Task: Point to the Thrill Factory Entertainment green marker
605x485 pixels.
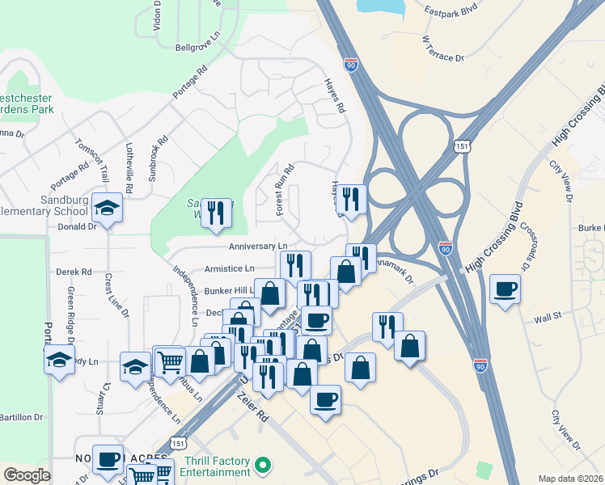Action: [261, 465]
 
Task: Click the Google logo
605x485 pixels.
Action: [27, 475]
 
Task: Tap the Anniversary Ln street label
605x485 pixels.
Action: [258, 246]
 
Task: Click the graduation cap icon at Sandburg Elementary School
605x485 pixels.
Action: [107, 208]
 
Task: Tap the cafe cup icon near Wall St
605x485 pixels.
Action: [505, 289]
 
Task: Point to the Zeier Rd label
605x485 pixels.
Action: [251, 407]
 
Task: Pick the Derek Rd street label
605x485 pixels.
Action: [74, 272]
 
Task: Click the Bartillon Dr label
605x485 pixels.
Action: [21, 417]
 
